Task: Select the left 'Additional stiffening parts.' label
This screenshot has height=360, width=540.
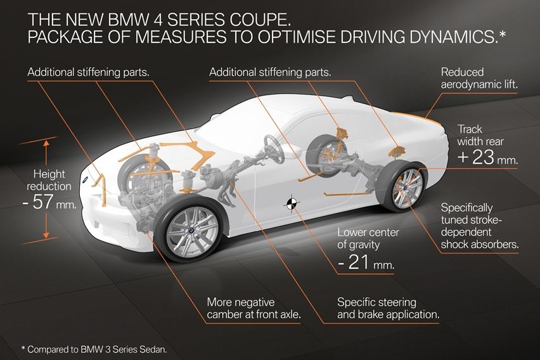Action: [x=88, y=72]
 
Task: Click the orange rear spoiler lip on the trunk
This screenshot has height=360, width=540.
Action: [x=415, y=115]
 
